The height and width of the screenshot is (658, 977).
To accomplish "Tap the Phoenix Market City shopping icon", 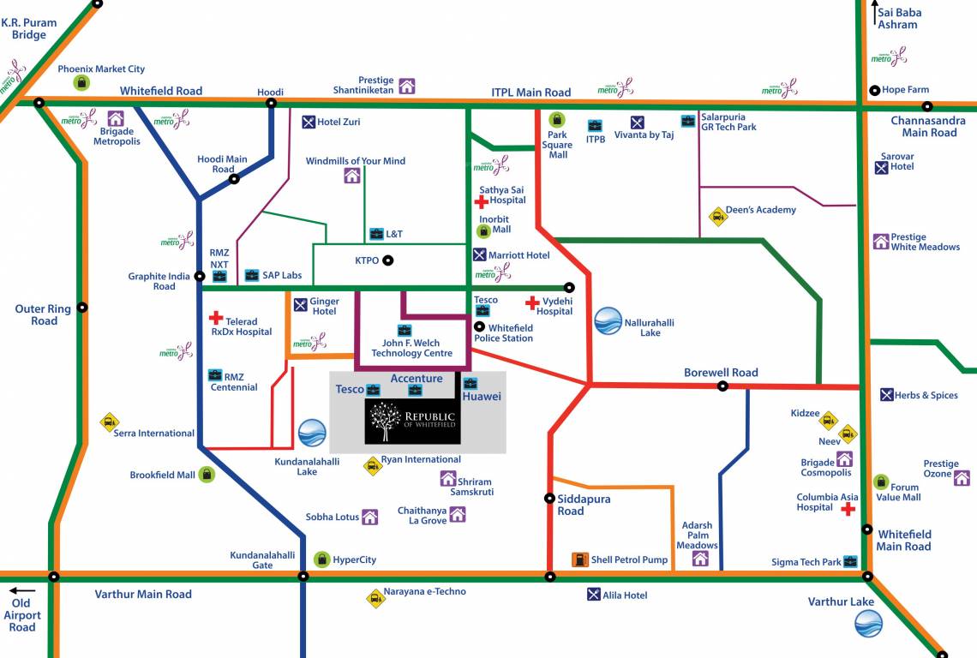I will (x=81, y=82).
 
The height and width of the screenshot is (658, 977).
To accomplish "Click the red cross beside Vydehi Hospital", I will (x=532, y=302).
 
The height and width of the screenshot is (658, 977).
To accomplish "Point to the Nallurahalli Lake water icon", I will (x=608, y=321).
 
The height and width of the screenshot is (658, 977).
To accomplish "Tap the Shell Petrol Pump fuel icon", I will (x=580, y=560).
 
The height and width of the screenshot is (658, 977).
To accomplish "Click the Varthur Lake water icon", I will (x=867, y=624).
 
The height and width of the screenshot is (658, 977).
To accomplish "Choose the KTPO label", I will (x=367, y=260).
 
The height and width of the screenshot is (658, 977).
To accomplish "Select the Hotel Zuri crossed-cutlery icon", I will (x=309, y=122).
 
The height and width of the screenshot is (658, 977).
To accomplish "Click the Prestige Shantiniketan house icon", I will (x=407, y=86).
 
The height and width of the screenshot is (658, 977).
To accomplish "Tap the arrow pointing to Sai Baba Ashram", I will (x=874, y=12).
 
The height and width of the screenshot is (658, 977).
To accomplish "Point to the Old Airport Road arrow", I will (x=22, y=590).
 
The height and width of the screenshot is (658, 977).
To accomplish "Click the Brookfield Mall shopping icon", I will (x=207, y=474).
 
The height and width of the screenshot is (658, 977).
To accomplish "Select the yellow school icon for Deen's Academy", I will (x=717, y=217).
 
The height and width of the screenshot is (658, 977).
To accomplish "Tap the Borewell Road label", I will (x=721, y=373).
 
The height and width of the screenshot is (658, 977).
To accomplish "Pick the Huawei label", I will (x=481, y=397).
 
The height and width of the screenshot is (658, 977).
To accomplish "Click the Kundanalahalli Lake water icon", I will (x=312, y=434).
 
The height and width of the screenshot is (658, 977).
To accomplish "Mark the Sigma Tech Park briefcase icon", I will (x=850, y=562).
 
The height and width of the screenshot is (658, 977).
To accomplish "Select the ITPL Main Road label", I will (x=530, y=93).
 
